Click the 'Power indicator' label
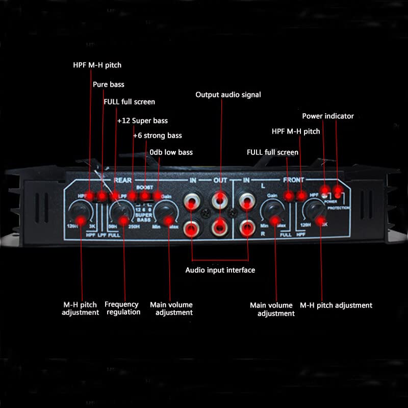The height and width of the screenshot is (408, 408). click(328, 116)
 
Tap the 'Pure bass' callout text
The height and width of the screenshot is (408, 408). click(108, 84)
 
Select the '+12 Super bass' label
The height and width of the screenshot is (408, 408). click(142, 121)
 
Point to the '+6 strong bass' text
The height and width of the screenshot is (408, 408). click(157, 136)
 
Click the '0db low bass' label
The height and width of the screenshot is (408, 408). click(171, 152)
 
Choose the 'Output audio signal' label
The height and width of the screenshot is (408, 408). click(228, 95)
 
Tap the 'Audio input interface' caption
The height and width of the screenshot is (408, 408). click(220, 270)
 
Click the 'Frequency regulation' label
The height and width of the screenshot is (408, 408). click(122, 308)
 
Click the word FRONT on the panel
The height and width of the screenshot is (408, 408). click(293, 180)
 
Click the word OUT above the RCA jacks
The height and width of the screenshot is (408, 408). click(220, 180)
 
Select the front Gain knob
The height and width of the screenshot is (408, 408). click(272, 212)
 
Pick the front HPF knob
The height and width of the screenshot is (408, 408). click(314, 212)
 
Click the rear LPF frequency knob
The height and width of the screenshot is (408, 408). click(120, 212)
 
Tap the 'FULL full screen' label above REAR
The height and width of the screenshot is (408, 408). click(129, 102)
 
